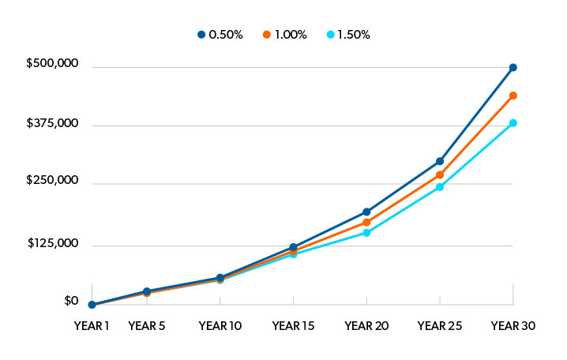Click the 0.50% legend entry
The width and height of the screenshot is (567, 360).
(x=218, y=35)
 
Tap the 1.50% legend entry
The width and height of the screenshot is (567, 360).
(x=348, y=35)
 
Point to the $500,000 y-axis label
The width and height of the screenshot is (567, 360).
(x=52, y=63)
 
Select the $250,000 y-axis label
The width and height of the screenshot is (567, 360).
(x=52, y=181)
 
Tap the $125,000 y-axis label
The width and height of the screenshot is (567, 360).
(x=52, y=242)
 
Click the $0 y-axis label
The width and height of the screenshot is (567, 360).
(x=71, y=301)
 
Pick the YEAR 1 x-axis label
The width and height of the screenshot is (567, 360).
(x=92, y=324)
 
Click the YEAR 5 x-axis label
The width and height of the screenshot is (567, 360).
(x=147, y=324)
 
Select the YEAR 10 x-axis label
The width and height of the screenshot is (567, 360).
(x=220, y=324)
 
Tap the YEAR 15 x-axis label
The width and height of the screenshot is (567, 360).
(x=293, y=324)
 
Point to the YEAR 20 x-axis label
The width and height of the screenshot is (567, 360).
(x=366, y=324)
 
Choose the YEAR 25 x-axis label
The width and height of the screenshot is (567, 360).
(x=440, y=324)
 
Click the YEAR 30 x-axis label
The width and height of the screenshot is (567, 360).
(x=513, y=324)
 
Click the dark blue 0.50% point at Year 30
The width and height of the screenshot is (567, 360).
(x=513, y=68)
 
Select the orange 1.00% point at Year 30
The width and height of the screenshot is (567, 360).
(x=513, y=96)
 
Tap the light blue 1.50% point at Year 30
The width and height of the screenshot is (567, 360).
(x=513, y=123)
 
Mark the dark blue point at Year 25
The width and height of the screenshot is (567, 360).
(x=440, y=161)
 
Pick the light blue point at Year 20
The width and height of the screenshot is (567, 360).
(x=366, y=233)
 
